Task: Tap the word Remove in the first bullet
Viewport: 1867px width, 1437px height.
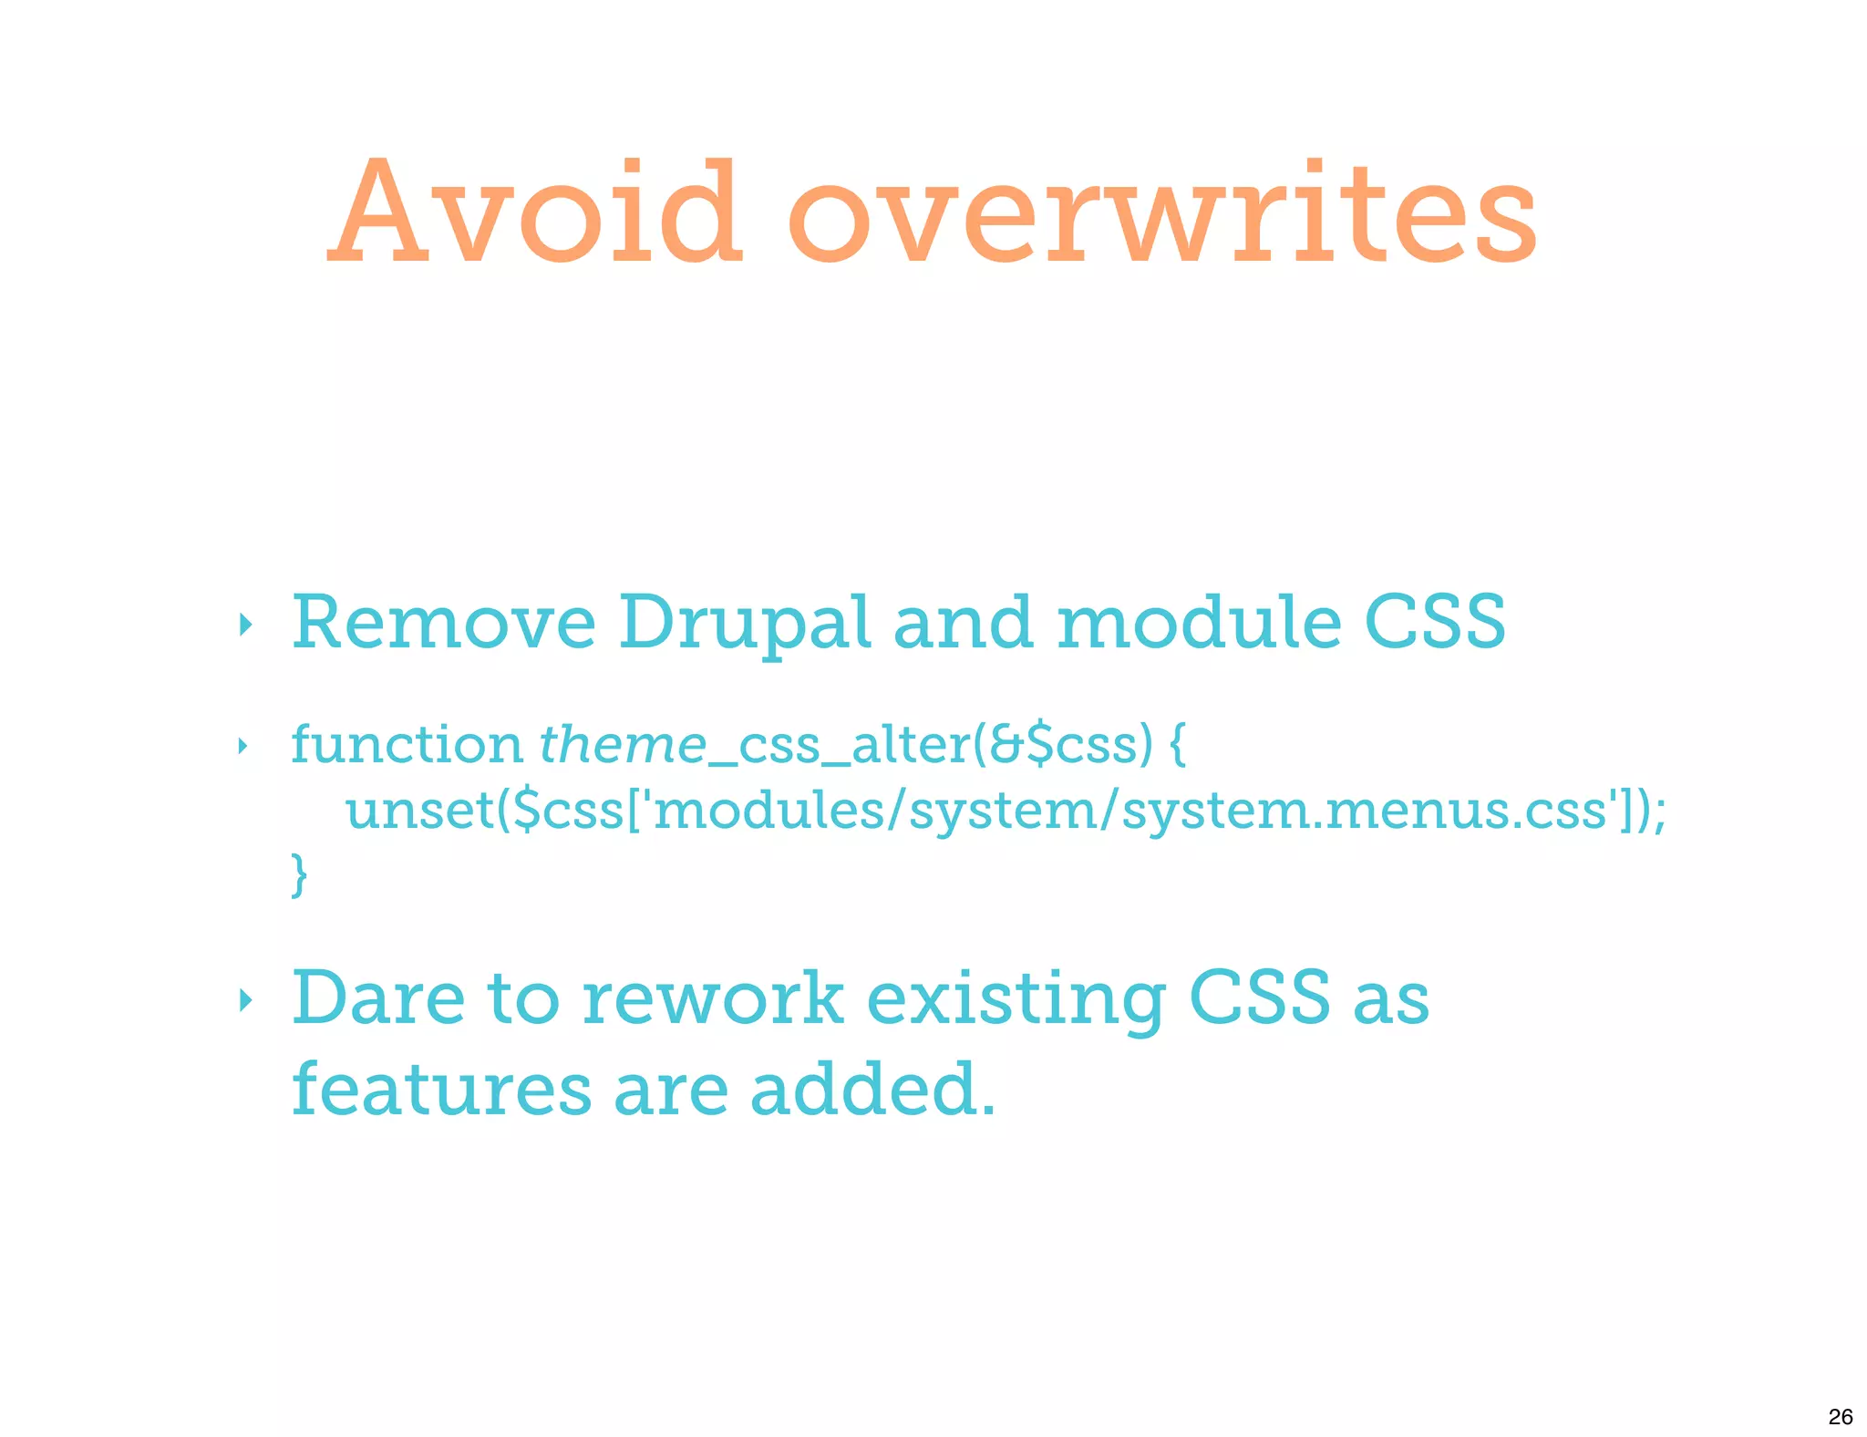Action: tap(443, 623)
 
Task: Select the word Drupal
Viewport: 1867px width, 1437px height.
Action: tap(744, 625)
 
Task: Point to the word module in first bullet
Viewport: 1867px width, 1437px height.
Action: tap(1199, 623)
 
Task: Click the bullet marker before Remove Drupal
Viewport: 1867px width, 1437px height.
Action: tap(243, 625)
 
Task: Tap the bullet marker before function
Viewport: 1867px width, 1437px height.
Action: tap(242, 747)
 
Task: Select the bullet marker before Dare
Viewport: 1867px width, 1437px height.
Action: tap(243, 1000)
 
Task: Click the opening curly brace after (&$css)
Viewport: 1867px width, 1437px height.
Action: tap(1177, 746)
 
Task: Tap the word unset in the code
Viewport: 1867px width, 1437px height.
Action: tap(420, 811)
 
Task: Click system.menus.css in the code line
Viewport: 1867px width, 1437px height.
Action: tap(1364, 811)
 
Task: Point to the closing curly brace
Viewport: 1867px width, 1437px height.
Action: tap(299, 875)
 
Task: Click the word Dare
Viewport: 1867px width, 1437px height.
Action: tap(377, 998)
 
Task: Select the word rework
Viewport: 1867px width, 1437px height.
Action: tap(712, 998)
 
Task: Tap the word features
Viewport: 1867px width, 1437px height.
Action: tap(441, 1090)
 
